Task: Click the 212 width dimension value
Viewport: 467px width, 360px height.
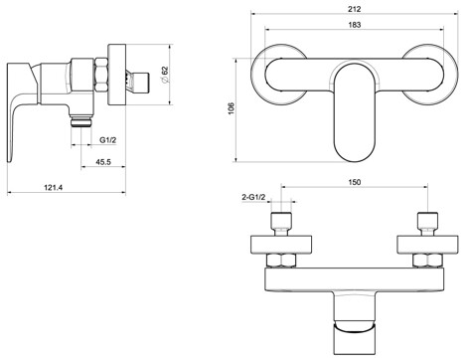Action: pos(355,9)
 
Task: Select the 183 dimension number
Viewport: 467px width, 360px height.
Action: pos(355,25)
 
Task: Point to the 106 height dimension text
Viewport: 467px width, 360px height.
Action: pos(232,108)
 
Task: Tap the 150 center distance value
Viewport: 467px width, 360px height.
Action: pos(355,182)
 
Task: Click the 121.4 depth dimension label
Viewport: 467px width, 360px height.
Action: pos(54,187)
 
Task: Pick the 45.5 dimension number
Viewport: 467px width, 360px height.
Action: pos(103,162)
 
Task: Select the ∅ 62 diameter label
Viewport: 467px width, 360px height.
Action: pos(165,75)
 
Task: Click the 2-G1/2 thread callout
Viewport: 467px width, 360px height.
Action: pos(253,197)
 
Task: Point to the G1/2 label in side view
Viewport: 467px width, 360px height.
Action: pos(108,140)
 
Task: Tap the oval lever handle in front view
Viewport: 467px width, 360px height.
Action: pos(355,112)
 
